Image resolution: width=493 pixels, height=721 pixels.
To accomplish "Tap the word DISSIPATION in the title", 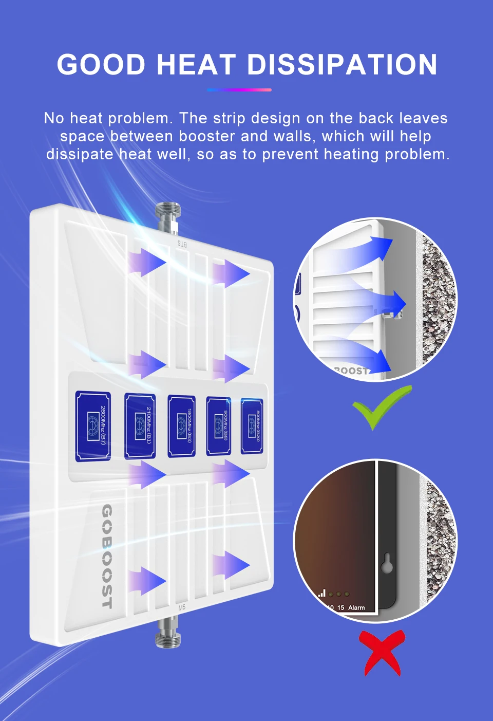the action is click(x=342, y=65).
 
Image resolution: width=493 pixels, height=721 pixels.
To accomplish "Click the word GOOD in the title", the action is click(x=102, y=65).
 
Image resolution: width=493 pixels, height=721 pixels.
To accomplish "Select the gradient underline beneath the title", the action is click(x=239, y=90).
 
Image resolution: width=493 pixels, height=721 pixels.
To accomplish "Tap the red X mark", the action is click(x=382, y=653).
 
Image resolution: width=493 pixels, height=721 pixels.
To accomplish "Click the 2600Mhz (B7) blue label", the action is click(x=93, y=426).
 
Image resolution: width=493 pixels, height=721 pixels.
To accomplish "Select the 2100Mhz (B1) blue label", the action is click(x=140, y=426).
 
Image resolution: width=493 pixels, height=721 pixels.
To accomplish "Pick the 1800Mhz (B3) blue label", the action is click(x=181, y=426).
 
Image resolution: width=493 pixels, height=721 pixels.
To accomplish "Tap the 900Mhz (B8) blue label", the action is click(x=218, y=426).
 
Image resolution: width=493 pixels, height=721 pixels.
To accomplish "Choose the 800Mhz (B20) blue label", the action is click(x=252, y=426).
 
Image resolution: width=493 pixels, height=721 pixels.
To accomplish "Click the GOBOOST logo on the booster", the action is click(x=106, y=556).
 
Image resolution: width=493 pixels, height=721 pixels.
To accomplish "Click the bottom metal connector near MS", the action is click(x=168, y=631).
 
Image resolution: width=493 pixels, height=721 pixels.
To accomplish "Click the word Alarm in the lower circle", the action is click(x=356, y=607).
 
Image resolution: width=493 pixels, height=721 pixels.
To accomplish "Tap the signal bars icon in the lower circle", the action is click(x=322, y=593).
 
